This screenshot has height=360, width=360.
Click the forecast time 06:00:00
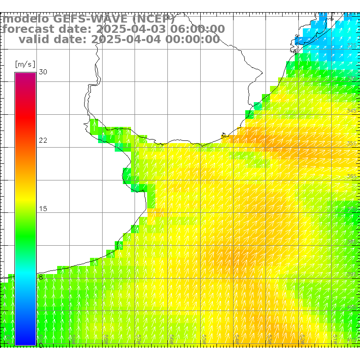tap(198, 29)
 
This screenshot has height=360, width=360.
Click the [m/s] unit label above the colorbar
tap(25, 64)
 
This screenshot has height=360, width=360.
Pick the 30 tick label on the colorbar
tap(43, 72)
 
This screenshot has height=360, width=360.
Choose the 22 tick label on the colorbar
tap(43, 140)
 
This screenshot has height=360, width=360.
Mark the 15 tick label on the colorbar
tap(43, 209)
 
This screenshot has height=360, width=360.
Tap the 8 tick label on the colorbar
tap(41, 277)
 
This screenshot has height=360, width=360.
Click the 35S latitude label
tap(351, 144)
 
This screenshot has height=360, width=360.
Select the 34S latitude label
tap(351, 111)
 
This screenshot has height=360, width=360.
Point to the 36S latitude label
tap(351, 176)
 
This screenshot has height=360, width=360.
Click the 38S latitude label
tap(351, 242)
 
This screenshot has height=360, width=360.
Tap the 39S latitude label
tap(351, 274)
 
